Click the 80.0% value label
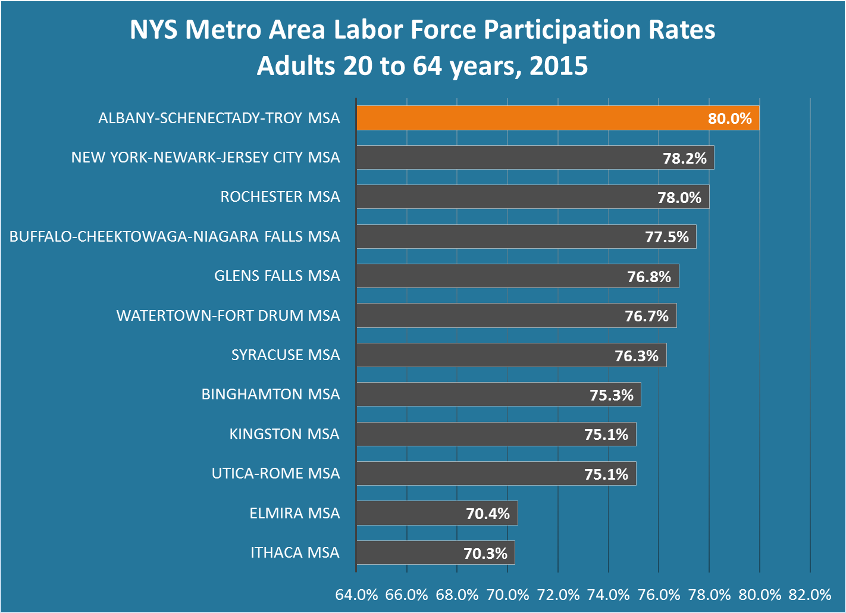tap(729, 118)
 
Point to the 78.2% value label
tap(685, 158)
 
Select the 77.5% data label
tap(667, 237)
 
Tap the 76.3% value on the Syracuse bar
tap(637, 356)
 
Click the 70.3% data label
tap(485, 553)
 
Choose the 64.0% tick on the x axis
tap(356, 595)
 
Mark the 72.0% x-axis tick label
tap(558, 595)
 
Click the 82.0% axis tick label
tap(810, 595)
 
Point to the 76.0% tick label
tap(659, 595)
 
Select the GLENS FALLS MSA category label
tap(277, 276)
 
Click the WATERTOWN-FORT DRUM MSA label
tap(228, 315)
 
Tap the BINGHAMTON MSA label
tap(271, 395)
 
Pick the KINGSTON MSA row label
tap(284, 434)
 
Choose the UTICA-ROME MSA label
tap(276, 474)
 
